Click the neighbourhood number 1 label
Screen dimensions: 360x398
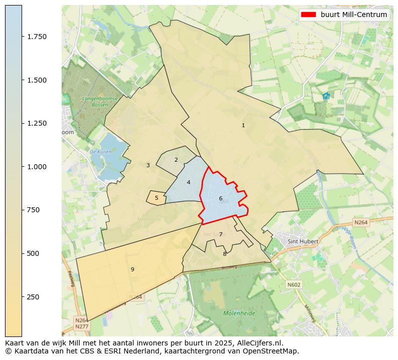click(243, 126)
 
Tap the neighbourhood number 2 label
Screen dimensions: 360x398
click(176, 160)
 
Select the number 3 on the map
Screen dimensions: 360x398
click(148, 166)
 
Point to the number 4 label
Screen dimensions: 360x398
click(188, 183)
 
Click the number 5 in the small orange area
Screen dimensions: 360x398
click(156, 198)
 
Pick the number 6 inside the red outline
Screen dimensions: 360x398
click(221, 199)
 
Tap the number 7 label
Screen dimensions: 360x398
click(221, 235)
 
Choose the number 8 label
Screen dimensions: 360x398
click(225, 254)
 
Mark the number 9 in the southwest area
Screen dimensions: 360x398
click(132, 270)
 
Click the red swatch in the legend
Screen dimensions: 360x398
click(308, 15)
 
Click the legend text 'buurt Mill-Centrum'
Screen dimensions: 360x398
click(354, 15)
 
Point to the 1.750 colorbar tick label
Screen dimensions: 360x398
click(37, 37)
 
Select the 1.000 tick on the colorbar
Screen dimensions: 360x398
click(37, 167)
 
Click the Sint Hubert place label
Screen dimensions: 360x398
click(303, 241)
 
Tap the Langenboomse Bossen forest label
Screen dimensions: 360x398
click(100, 102)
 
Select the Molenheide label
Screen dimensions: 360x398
click(239, 313)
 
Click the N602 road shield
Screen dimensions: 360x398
click(294, 284)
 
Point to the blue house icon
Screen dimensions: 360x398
click(326, 96)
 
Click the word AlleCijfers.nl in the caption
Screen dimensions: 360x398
click(258, 343)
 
